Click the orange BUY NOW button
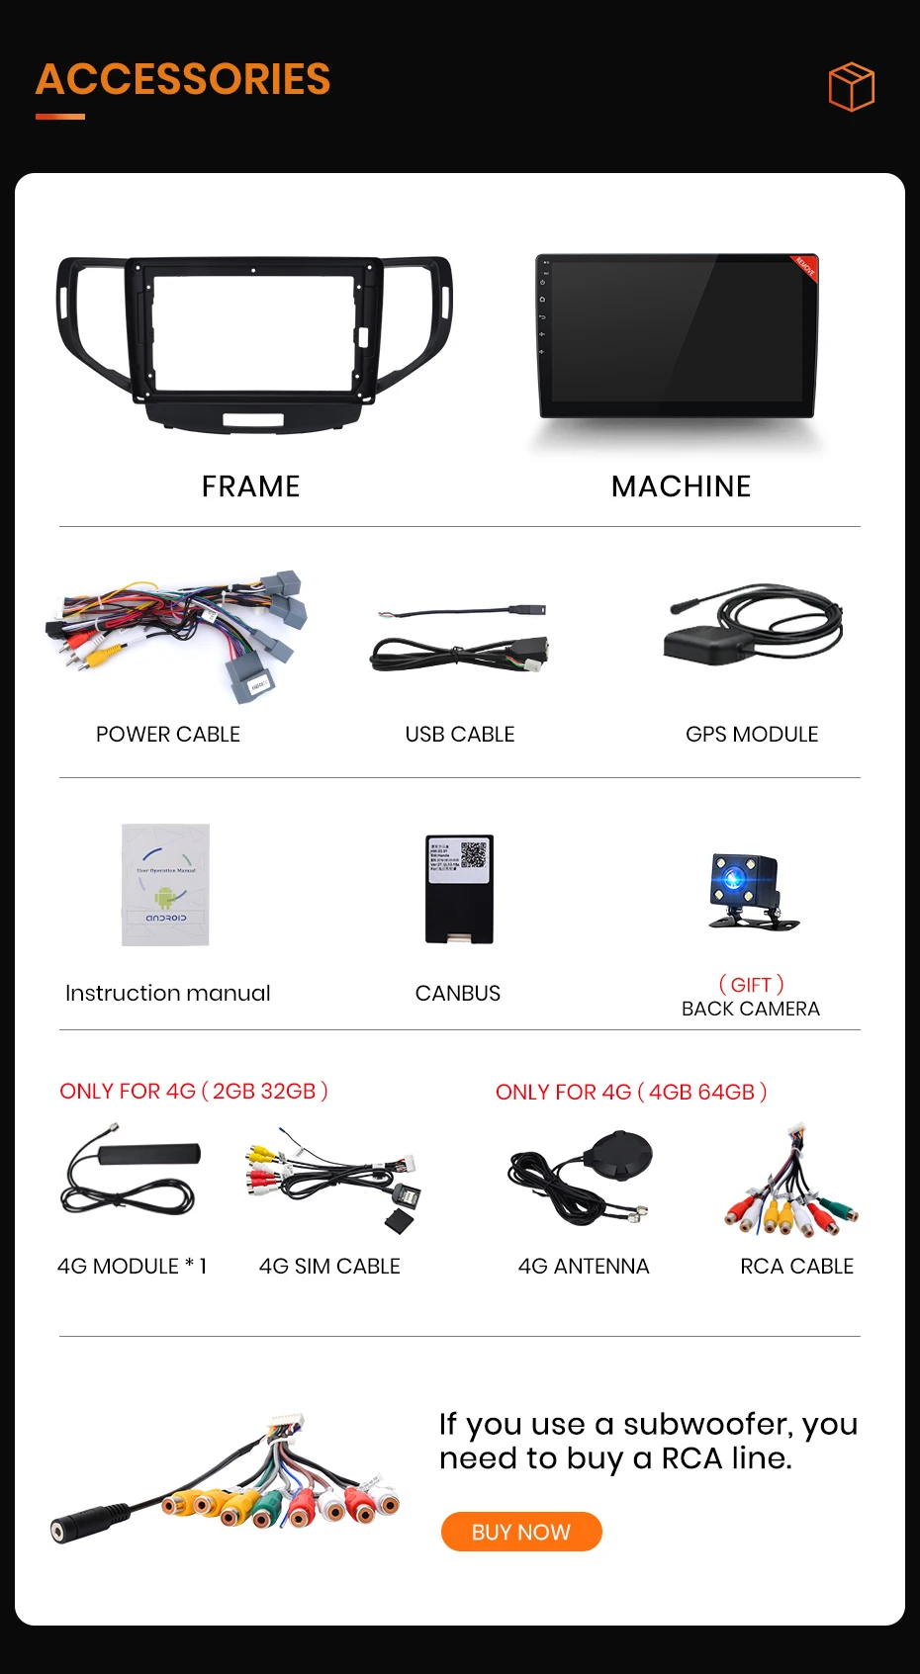521,1532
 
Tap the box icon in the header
851,87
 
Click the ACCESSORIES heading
183,80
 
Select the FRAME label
250,486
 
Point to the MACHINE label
681,486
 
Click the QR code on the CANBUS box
474,854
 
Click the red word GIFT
751,985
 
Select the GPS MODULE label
752,735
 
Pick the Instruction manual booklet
165,885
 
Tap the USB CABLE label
460,735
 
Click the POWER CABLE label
168,735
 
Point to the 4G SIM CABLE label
329,1267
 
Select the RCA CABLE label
796,1267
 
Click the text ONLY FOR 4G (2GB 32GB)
194,1092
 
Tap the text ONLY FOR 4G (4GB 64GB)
631,1093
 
